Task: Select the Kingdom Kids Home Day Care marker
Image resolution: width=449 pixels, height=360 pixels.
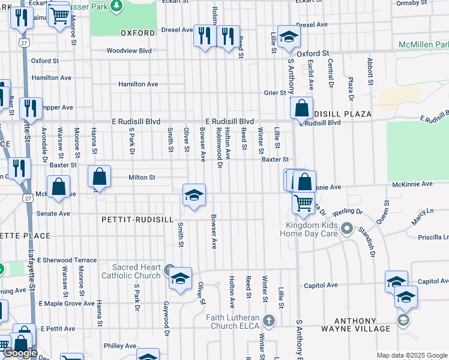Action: tap(346, 228)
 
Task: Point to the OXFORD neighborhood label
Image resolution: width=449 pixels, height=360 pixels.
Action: tap(137, 33)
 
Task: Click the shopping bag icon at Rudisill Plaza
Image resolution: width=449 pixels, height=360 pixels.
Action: tap(301, 109)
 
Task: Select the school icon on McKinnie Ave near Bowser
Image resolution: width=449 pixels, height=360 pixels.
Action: tap(194, 196)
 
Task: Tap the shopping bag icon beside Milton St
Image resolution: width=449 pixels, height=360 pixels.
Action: tap(99, 177)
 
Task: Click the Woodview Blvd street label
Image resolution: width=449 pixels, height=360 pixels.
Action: tap(129, 51)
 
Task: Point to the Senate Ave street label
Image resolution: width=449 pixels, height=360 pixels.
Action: tap(53, 214)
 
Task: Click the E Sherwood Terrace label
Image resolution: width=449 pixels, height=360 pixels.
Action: tap(67, 260)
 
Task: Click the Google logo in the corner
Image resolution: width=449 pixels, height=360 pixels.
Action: tap(20, 353)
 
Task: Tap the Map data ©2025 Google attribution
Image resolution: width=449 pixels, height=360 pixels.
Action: tap(412, 355)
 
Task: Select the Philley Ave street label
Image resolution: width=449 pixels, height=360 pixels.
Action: tap(120, 346)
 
